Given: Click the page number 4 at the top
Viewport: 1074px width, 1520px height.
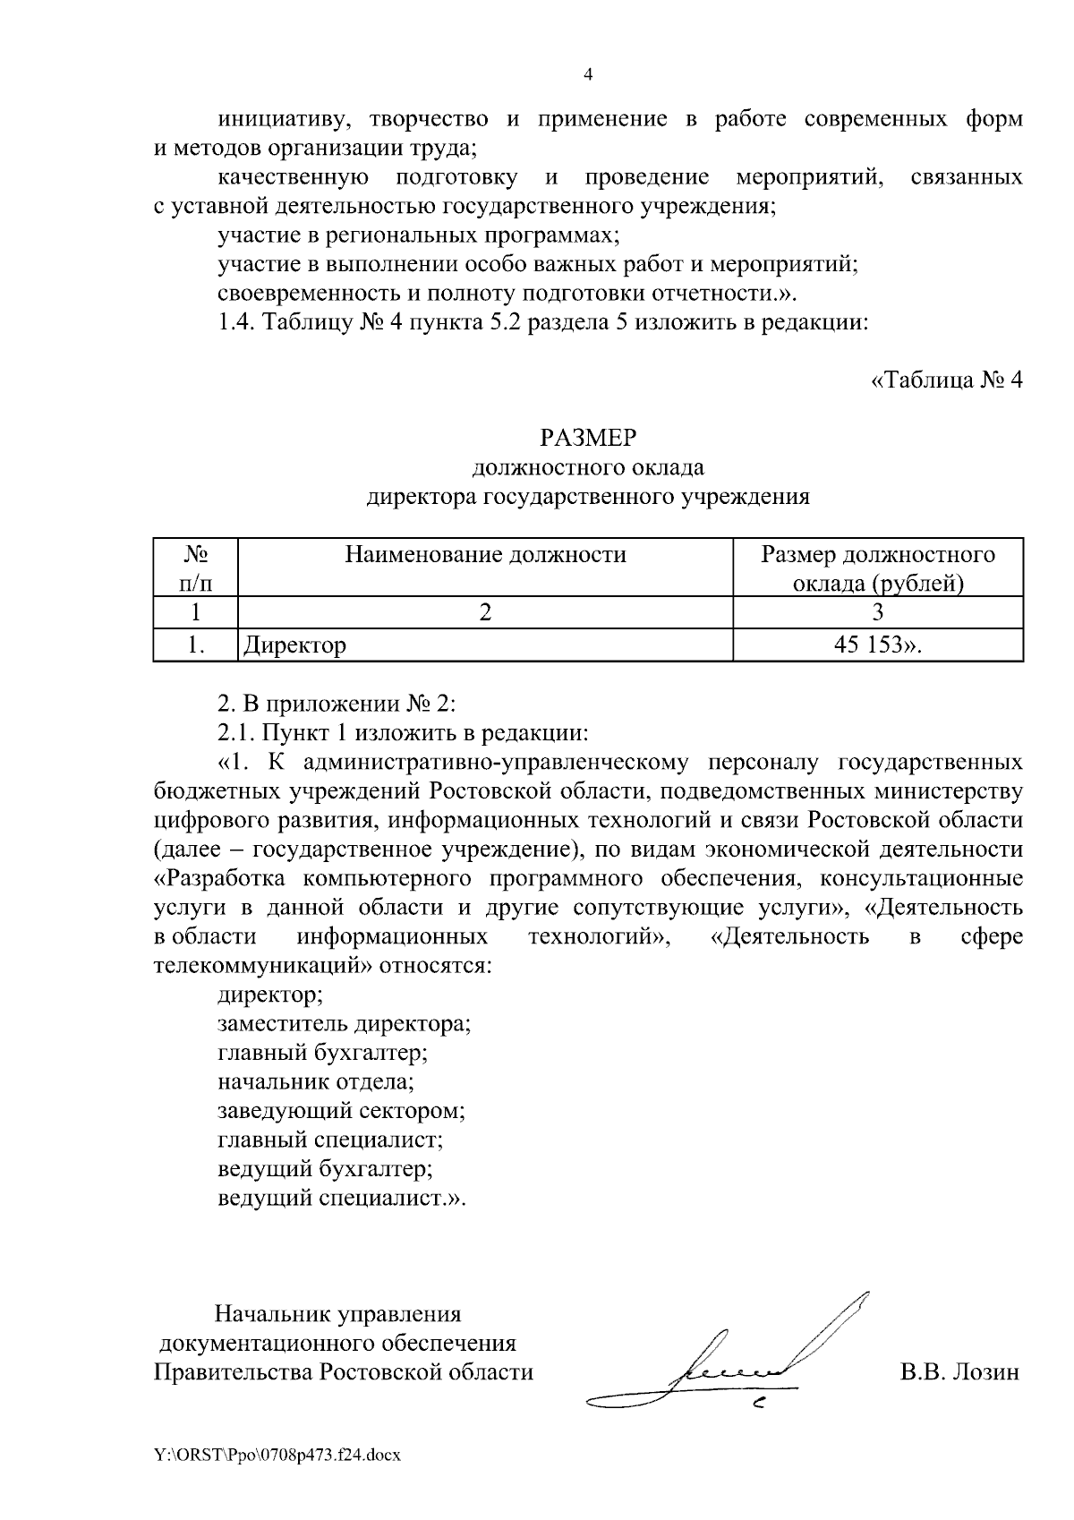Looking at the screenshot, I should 588,75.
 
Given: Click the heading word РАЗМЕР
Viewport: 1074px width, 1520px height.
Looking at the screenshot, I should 588,438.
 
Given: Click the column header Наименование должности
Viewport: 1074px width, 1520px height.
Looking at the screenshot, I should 486,555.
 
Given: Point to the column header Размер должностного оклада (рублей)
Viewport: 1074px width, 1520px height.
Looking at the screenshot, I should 878,569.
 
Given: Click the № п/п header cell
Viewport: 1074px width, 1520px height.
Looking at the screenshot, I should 196,569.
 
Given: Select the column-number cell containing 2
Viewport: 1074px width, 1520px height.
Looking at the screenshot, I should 485,613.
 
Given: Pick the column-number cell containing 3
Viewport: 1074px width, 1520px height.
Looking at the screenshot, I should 878,613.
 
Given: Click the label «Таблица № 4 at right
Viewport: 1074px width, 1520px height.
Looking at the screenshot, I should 946,380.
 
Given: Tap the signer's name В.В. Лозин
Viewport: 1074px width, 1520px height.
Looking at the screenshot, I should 959,1372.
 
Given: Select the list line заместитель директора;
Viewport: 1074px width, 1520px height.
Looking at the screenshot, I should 345,1024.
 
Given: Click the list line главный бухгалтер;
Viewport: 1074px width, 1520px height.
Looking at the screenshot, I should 323,1053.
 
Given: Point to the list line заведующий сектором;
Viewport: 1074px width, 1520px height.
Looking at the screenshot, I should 342,1111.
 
